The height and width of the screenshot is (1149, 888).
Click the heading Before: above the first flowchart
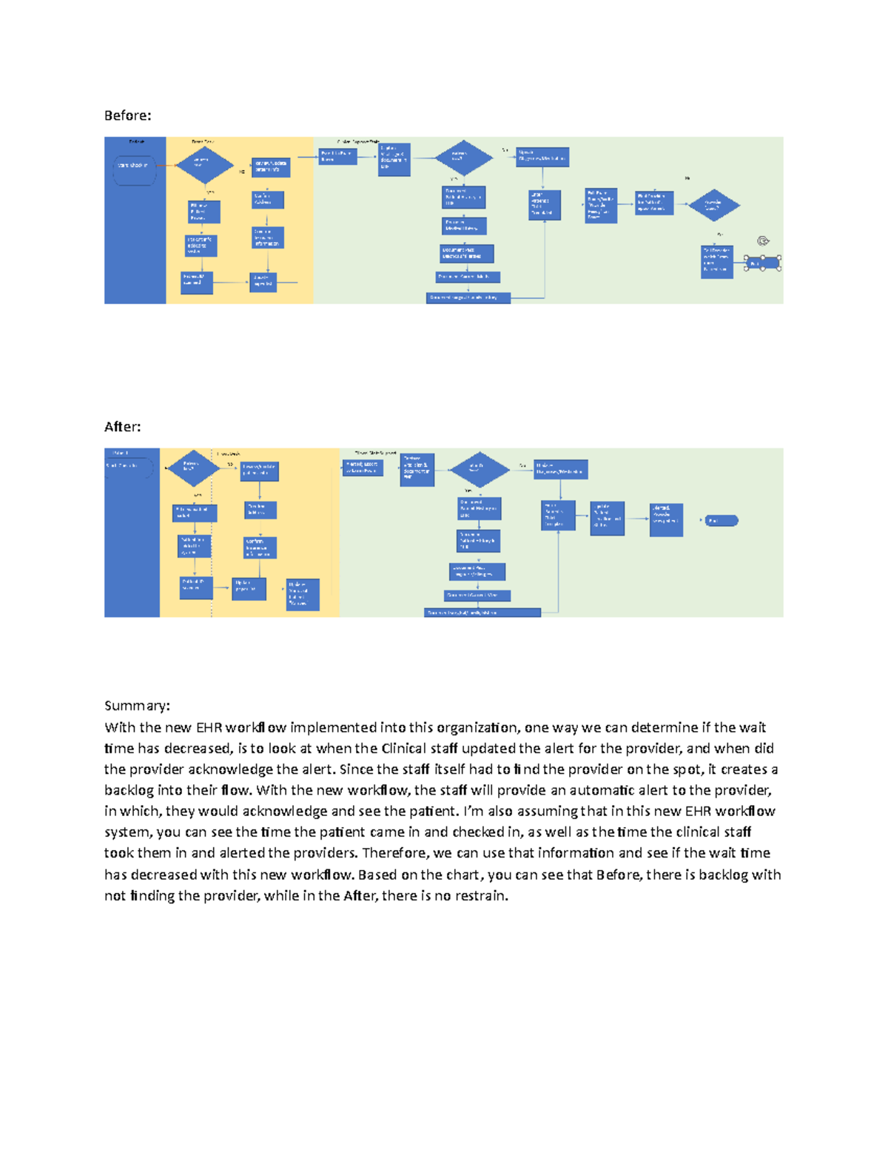(127, 115)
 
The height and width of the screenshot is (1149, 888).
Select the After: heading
(122, 427)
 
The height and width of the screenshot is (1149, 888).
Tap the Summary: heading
(137, 705)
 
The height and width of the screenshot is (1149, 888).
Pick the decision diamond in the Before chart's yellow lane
(203, 164)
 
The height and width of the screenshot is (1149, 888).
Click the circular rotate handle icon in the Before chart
(764, 241)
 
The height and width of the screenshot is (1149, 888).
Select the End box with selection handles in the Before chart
(763, 263)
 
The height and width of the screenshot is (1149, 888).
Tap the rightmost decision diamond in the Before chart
(713, 206)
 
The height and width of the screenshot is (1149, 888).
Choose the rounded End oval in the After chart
(721, 521)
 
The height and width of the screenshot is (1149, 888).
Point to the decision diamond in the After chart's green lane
(480, 469)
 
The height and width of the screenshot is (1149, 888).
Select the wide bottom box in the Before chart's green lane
(468, 298)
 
